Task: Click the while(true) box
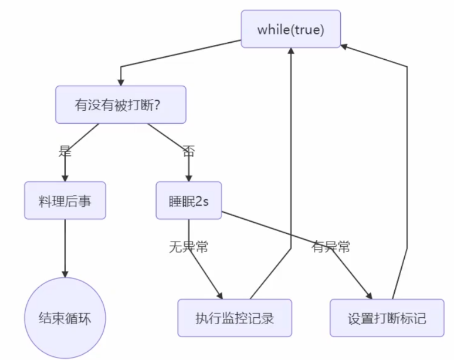coord(290,29)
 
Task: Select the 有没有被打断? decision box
coord(120,105)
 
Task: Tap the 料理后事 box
coord(65,201)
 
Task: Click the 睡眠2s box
coord(188,201)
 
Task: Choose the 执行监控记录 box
coord(235,318)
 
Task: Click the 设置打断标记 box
coord(387,318)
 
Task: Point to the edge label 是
coord(65,152)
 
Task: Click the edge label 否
coord(188,152)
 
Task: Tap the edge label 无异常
coord(188,247)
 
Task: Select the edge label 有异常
coord(330,247)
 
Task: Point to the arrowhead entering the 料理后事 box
coord(65,178)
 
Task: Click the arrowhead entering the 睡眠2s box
coord(188,178)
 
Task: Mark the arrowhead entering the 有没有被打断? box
coord(120,82)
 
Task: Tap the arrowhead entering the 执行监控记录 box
coord(221,296)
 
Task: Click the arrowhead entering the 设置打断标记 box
coord(369,296)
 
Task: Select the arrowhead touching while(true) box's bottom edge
coord(290,52)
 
